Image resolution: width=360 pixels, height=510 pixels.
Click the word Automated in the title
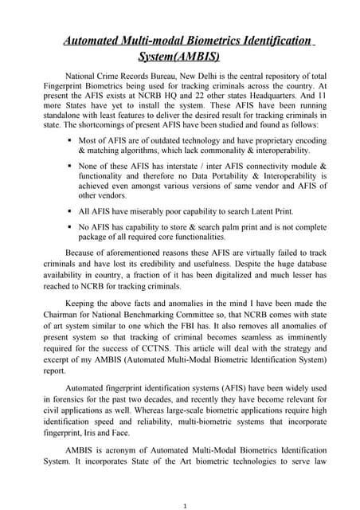(x=100, y=40)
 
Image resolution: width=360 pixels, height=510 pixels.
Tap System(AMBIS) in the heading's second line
(x=179, y=57)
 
